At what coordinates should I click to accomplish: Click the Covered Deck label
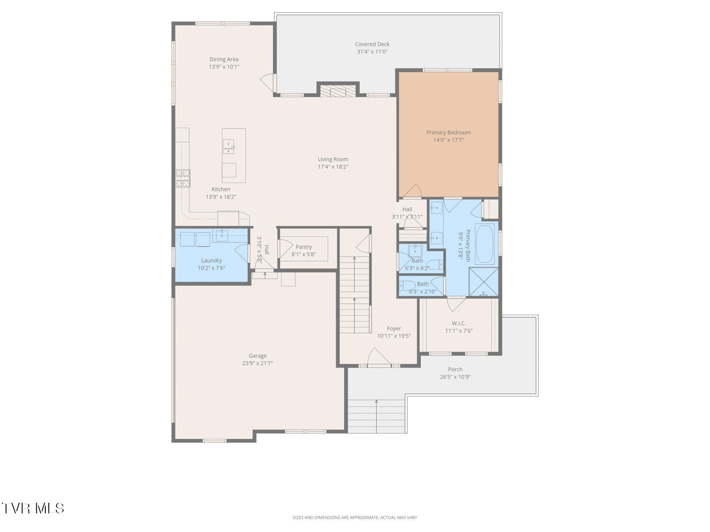(x=372, y=44)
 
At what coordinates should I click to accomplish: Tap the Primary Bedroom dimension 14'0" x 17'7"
(x=448, y=140)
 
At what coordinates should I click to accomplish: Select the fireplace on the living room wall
(x=338, y=91)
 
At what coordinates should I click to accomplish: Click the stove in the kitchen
(x=182, y=178)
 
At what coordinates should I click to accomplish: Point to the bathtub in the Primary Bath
(x=485, y=244)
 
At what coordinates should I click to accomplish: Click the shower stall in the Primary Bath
(x=484, y=282)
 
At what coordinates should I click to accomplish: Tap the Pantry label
(x=304, y=247)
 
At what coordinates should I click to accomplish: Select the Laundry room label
(x=211, y=261)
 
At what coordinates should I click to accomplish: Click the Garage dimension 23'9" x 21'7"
(x=257, y=363)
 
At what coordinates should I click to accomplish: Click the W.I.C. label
(x=459, y=323)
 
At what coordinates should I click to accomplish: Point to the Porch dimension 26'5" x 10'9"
(x=455, y=377)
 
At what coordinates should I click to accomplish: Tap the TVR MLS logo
(x=33, y=508)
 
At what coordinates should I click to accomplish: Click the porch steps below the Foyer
(x=376, y=416)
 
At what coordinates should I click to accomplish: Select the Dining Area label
(x=224, y=59)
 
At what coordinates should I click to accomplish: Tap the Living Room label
(x=333, y=160)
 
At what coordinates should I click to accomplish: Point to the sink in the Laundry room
(x=221, y=235)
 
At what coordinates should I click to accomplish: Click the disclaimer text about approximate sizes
(x=355, y=517)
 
